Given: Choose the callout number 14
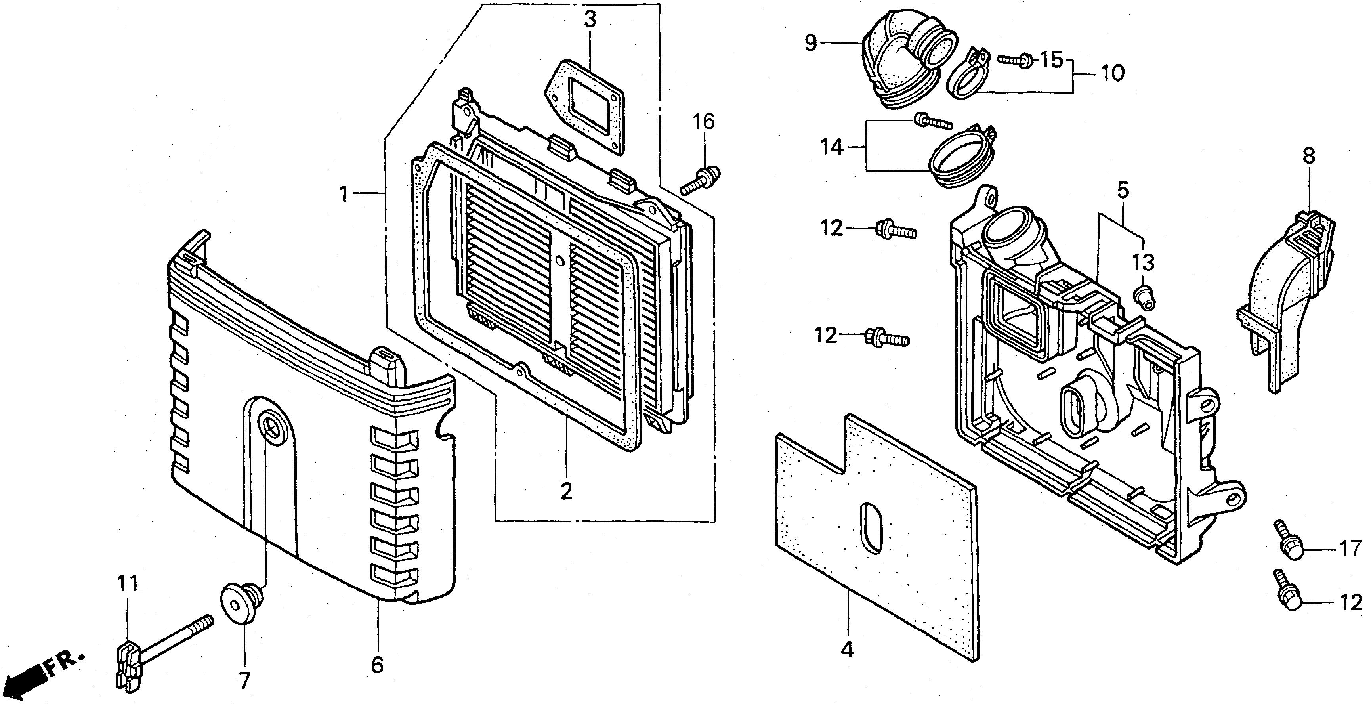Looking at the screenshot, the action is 832,147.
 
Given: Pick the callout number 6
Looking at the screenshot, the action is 377,664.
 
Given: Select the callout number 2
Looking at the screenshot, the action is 566,491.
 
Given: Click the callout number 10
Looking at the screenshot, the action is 1112,73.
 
